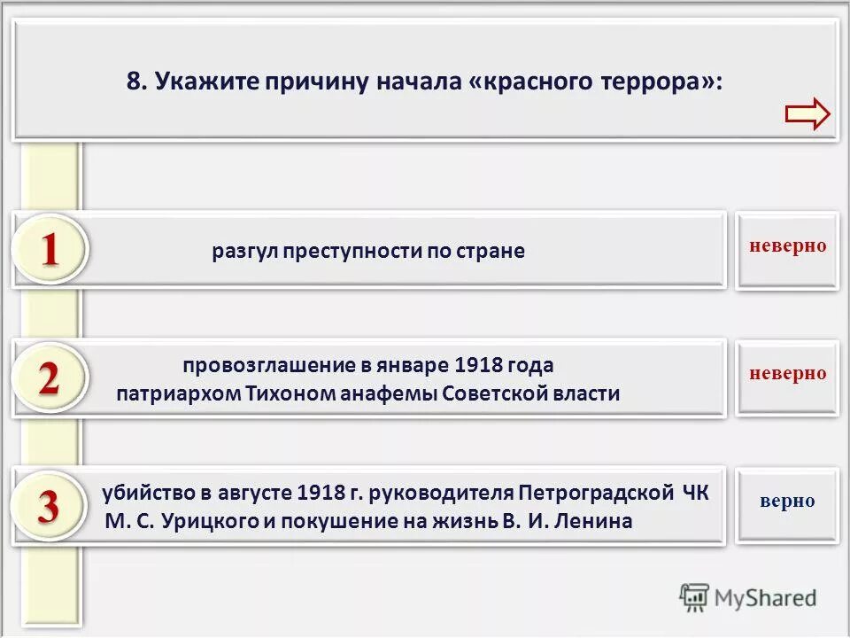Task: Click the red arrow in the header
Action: tap(807, 114)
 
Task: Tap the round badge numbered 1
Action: tap(50, 250)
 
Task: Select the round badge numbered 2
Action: tap(50, 379)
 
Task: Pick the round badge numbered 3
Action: tap(50, 507)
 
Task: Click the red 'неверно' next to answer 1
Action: tap(787, 245)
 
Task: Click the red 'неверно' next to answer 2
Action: tap(787, 373)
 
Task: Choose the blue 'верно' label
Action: tap(787, 501)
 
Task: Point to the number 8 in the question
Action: tap(135, 82)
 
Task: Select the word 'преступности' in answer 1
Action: tap(352, 251)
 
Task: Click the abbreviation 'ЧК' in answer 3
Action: tap(695, 493)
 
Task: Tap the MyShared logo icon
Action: tap(694, 597)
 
